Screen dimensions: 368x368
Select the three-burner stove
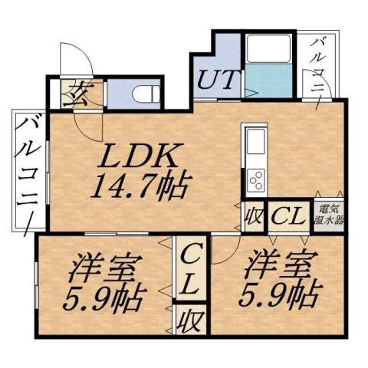[x=255, y=179]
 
